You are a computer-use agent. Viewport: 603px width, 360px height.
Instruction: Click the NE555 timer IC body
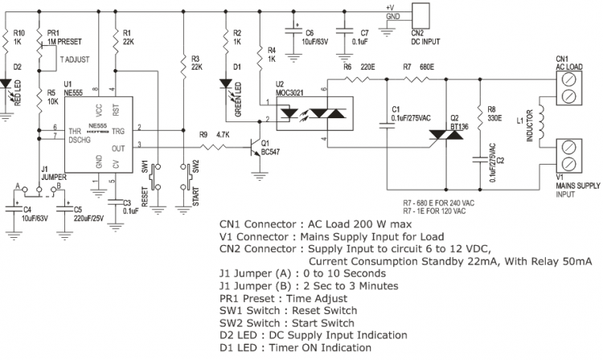tap(90, 133)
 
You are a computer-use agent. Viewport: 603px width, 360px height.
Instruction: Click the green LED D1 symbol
tap(226, 82)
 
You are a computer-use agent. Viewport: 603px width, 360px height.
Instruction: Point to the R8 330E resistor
tap(481, 112)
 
